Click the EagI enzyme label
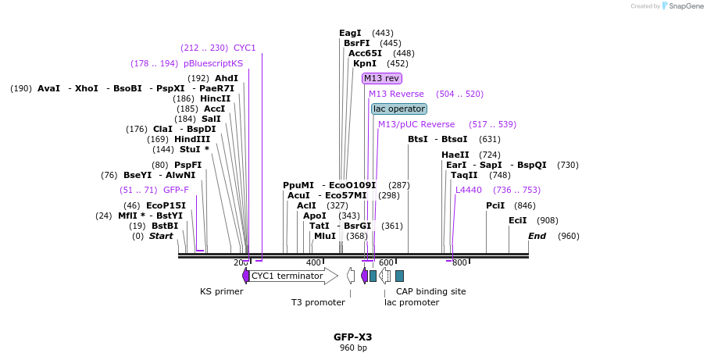click(350, 33)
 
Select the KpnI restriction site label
click(364, 63)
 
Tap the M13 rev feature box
click(382, 78)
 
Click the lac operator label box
click(399, 109)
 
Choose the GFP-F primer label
click(176, 190)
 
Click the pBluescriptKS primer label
click(213, 63)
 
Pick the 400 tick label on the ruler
click(313, 262)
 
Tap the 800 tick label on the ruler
click(459, 262)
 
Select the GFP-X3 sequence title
click(353, 337)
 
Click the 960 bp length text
click(353, 348)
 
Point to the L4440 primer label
click(469, 190)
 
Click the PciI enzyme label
click(495, 205)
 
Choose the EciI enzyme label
click(518, 220)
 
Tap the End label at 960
click(537, 236)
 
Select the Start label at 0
click(161, 236)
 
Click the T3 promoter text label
click(318, 302)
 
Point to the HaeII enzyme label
click(455, 155)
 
